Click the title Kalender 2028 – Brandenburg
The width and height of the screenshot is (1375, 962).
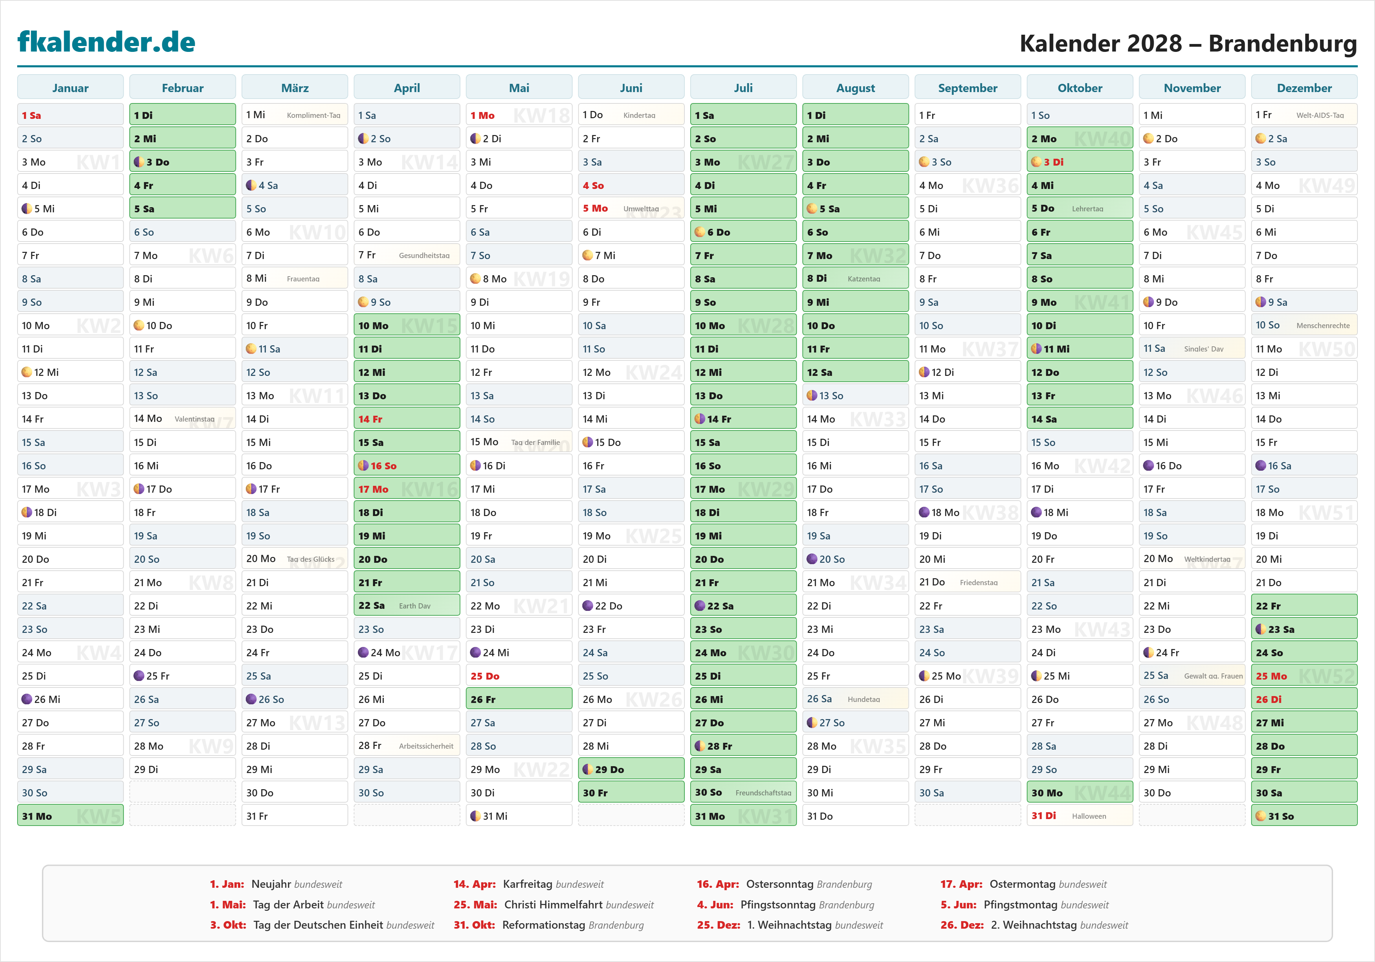[1188, 43]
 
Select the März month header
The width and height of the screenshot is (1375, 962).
[295, 88]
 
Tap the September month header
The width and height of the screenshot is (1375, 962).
[967, 88]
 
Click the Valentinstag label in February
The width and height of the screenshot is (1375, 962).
[194, 419]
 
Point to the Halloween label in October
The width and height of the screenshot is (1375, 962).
[1089, 816]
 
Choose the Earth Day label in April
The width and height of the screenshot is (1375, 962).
[415, 606]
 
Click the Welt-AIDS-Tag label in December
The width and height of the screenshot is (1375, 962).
[1320, 115]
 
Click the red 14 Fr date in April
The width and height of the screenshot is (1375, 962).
[370, 419]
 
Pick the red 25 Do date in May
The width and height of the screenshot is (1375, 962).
[484, 676]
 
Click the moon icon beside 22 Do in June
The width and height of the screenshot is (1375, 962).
[587, 606]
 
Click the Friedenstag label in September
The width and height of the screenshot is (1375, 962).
[979, 582]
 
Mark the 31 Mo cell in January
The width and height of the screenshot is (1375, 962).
[70, 816]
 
